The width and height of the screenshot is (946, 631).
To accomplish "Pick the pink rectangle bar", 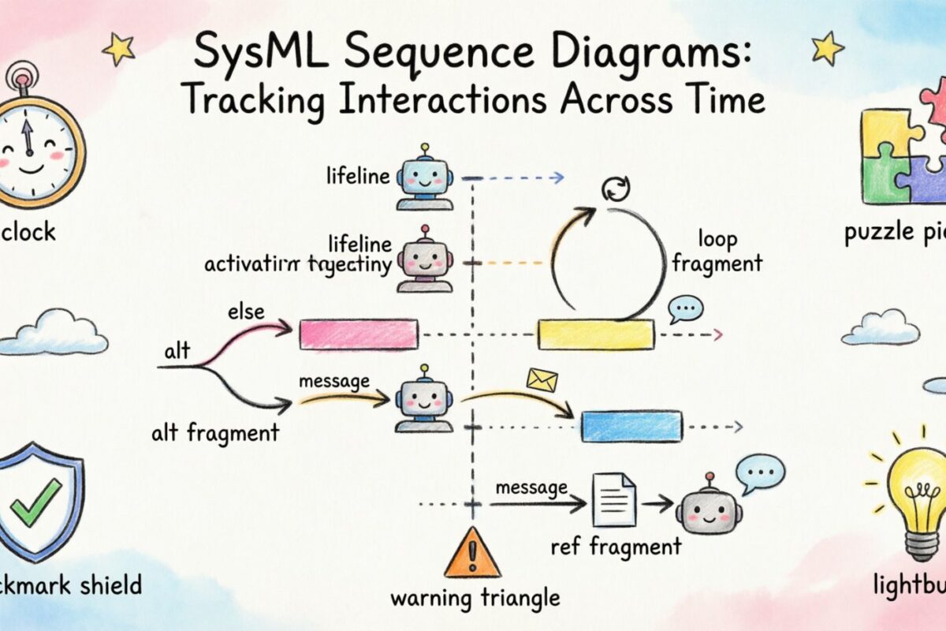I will (x=359, y=334).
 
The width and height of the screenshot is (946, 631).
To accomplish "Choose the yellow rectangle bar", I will (x=595, y=334).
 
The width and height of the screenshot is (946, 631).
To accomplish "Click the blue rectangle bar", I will (x=631, y=426).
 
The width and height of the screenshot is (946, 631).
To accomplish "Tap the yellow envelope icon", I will (x=542, y=380).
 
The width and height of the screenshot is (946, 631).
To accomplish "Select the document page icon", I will (x=615, y=500).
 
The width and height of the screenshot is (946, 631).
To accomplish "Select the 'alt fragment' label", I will (x=216, y=432).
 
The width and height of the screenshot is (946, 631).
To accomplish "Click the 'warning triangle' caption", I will (x=475, y=598).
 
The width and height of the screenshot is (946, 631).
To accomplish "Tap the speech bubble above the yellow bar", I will (x=685, y=308).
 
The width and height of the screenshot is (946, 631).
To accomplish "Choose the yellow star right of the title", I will (x=828, y=48).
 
